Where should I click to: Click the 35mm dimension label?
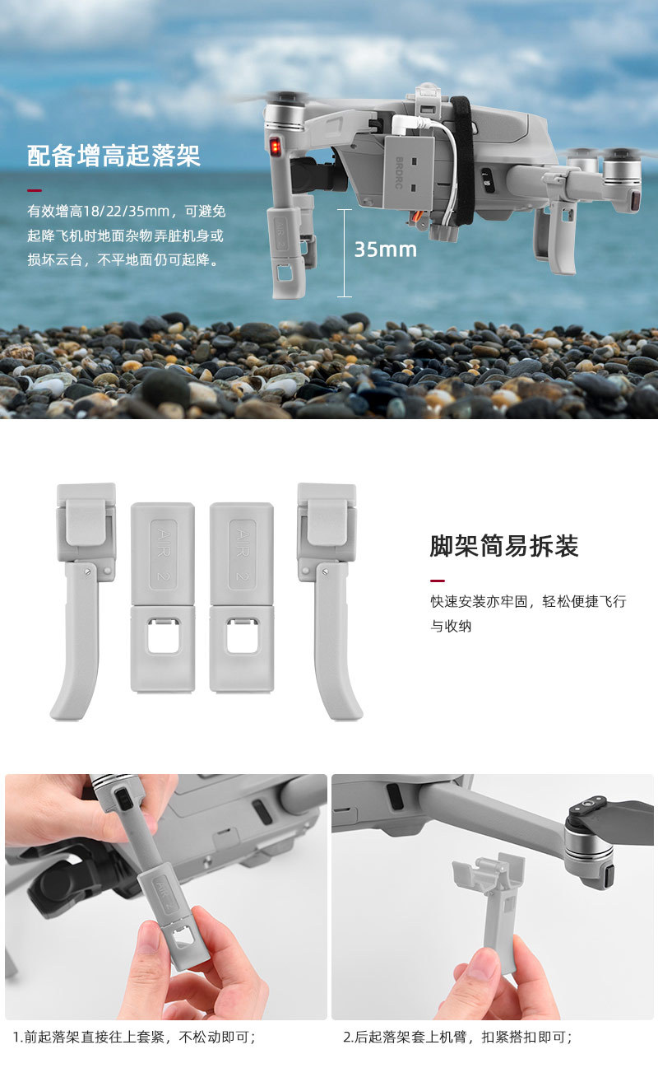[x=386, y=250]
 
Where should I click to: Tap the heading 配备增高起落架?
[x=114, y=156]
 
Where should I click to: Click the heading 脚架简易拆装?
[x=504, y=546]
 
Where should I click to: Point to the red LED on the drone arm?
[x=276, y=146]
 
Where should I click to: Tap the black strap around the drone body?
[x=464, y=160]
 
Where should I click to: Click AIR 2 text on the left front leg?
[x=164, y=554]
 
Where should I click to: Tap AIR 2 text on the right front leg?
[x=242, y=554]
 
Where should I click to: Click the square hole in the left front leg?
[x=164, y=637]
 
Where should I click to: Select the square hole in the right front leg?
[x=243, y=637]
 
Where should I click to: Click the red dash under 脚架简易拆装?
[x=437, y=581]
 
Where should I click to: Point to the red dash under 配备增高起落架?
[x=35, y=191]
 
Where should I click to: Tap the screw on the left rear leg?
[x=88, y=572]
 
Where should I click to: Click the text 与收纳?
[x=451, y=627]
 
